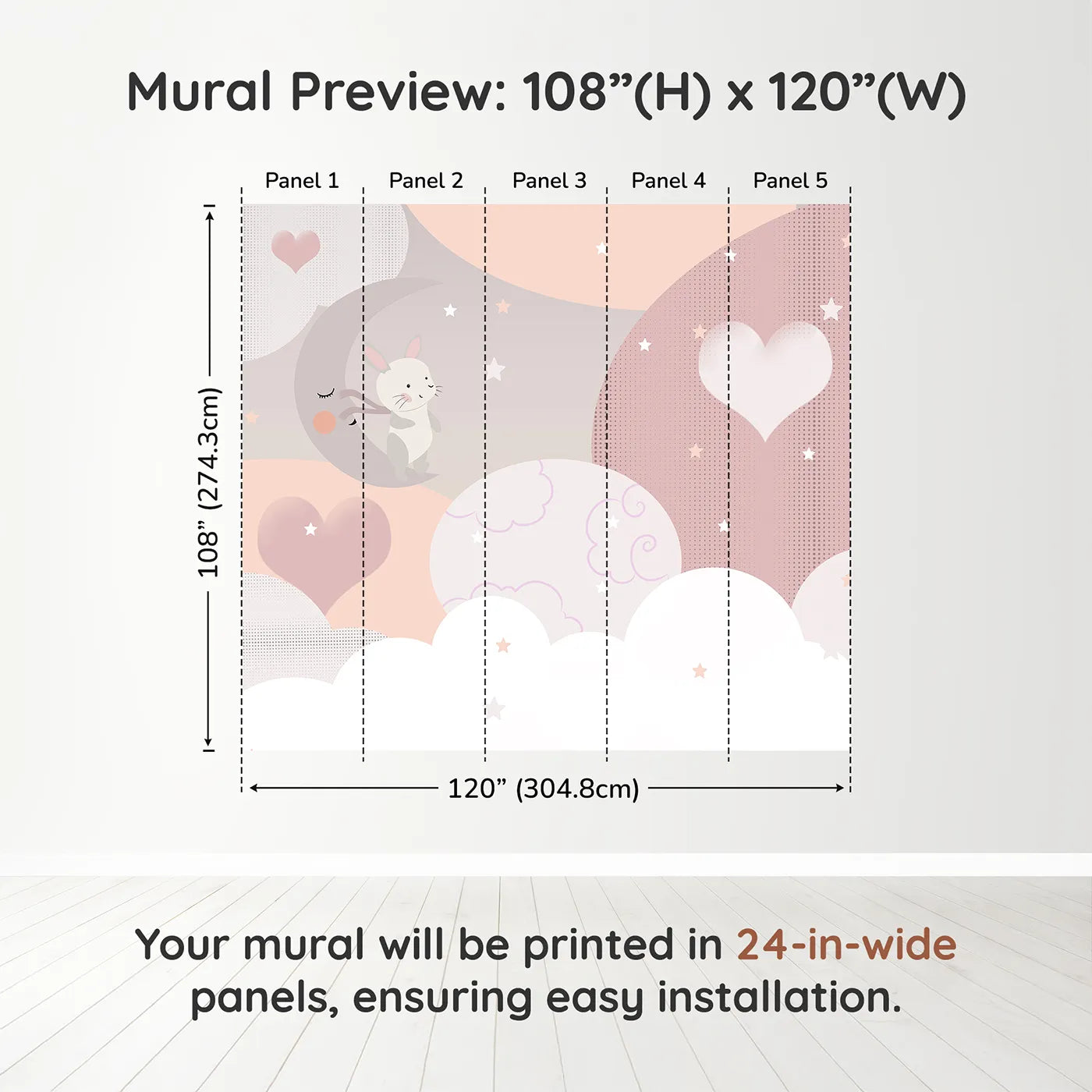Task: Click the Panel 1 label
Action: [x=302, y=181]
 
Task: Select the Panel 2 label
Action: [x=426, y=181]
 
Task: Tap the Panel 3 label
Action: [x=549, y=181]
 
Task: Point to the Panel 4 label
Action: [x=668, y=181]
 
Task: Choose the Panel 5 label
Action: [x=790, y=181]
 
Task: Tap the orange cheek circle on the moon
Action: [x=324, y=422]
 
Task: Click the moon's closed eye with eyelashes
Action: [x=326, y=392]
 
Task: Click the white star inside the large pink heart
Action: [x=310, y=530]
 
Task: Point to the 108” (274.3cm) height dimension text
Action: [x=208, y=483]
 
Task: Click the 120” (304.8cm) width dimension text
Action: [x=543, y=789]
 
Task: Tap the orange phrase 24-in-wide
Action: [x=846, y=945]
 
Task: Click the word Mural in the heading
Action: [x=200, y=92]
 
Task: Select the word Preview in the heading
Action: [x=398, y=92]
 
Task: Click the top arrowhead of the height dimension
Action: [x=210, y=216]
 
